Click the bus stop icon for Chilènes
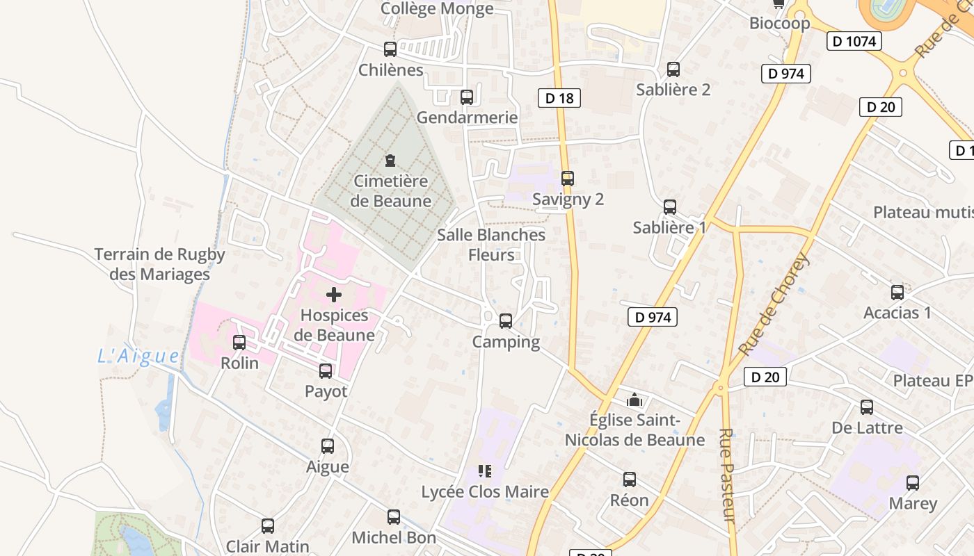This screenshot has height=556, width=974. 390,49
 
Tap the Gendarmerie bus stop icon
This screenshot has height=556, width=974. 467,97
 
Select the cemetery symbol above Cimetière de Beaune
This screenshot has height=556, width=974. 390,161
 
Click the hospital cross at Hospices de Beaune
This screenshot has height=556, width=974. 334,295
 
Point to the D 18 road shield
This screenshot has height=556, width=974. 559,98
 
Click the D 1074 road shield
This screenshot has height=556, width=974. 854,41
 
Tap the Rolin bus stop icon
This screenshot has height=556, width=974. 239,343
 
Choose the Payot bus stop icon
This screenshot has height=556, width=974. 326,371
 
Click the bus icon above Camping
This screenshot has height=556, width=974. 506,321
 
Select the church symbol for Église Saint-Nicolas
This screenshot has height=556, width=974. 634,400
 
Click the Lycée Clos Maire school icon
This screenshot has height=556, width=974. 485,472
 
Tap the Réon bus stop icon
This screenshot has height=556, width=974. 630,480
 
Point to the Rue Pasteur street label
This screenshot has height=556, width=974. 726,475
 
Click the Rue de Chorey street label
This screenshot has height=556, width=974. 774,304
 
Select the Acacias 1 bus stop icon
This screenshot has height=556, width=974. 897,293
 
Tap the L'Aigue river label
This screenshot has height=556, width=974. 138,357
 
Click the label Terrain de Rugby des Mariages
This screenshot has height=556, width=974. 160,264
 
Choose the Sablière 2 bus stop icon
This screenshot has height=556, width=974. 673,69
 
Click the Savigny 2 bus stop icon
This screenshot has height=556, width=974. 568,179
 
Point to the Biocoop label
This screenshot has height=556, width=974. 779,23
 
